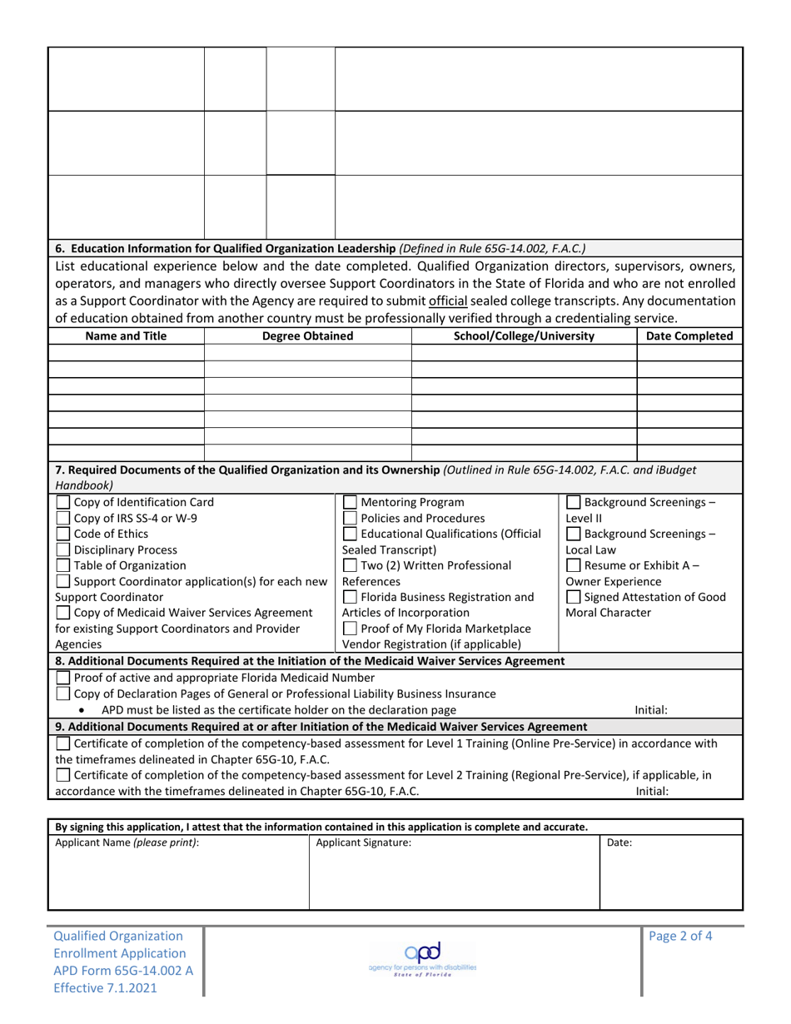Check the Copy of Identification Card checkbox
[62, 502]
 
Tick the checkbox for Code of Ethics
[62, 534]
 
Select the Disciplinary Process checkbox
[62, 549]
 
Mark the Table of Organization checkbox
[62, 565]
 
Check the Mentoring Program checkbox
[351, 502]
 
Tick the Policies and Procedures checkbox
[351, 518]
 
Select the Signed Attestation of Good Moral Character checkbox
[574, 597]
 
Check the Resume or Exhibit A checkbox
[574, 565]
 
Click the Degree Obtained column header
[307, 336]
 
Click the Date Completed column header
[689, 336]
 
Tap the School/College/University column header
[524, 336]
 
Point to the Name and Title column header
[126, 336]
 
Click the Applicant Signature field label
[363, 843]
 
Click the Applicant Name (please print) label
[127, 843]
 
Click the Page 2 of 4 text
[680, 935]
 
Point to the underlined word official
[449, 301]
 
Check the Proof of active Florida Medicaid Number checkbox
[62, 677]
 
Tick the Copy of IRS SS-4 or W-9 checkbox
[62, 518]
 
